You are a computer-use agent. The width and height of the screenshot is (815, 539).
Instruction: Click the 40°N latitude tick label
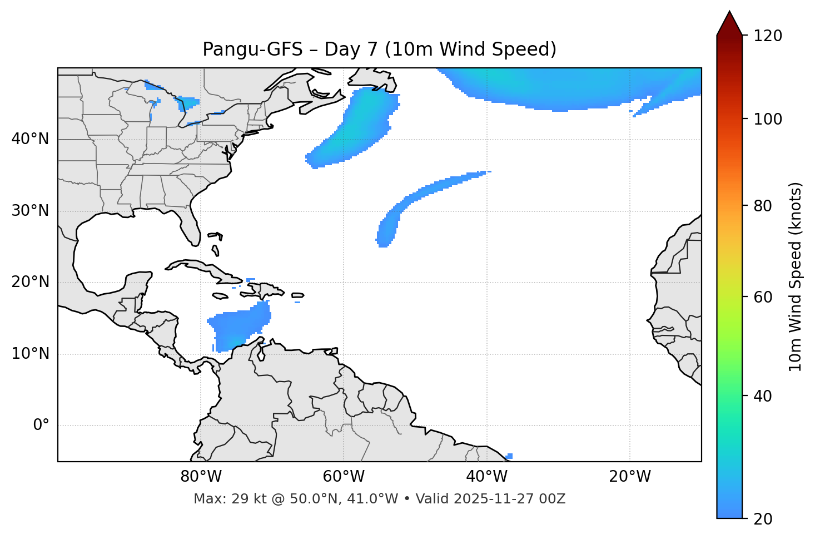pyautogui.click(x=30, y=139)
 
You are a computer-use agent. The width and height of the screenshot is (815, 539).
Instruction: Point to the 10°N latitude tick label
pyautogui.click(x=30, y=354)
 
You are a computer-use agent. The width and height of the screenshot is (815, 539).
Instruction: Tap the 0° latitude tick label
pyautogui.click(x=41, y=426)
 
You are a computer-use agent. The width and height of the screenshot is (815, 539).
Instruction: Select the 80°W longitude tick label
pyautogui.click(x=201, y=477)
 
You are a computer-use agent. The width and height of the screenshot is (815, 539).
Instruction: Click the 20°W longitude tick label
pyautogui.click(x=630, y=477)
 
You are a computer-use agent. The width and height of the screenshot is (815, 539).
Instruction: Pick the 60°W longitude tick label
pyautogui.click(x=344, y=477)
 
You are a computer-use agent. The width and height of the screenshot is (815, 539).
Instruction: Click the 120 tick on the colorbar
pyautogui.click(x=767, y=36)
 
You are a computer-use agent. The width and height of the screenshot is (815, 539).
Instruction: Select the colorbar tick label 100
pyautogui.click(x=767, y=119)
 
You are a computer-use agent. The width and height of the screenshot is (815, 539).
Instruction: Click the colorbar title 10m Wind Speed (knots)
pyautogui.click(x=796, y=277)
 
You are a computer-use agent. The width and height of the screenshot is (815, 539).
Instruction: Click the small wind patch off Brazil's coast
pyautogui.click(x=509, y=456)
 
